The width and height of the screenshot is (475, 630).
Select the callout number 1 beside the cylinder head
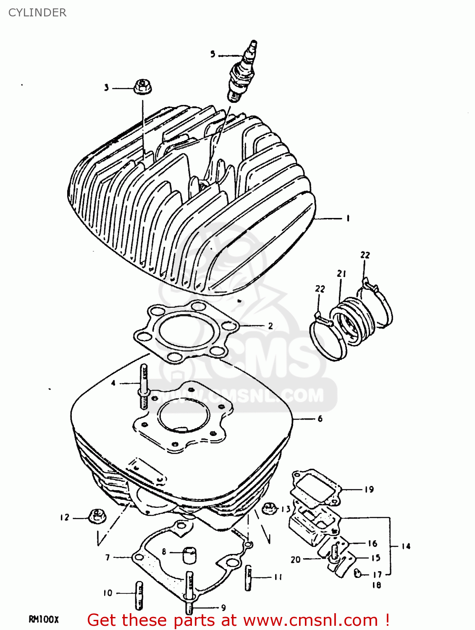[348, 218]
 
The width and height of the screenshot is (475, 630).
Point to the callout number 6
[320, 419]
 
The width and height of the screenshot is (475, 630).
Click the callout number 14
[406, 546]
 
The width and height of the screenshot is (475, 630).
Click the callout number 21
[341, 274]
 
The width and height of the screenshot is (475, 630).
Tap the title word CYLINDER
[37, 13]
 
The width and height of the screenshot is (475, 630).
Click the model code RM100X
[44, 619]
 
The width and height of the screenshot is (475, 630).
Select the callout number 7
[108, 557]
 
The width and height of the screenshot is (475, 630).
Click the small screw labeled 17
[358, 572]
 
